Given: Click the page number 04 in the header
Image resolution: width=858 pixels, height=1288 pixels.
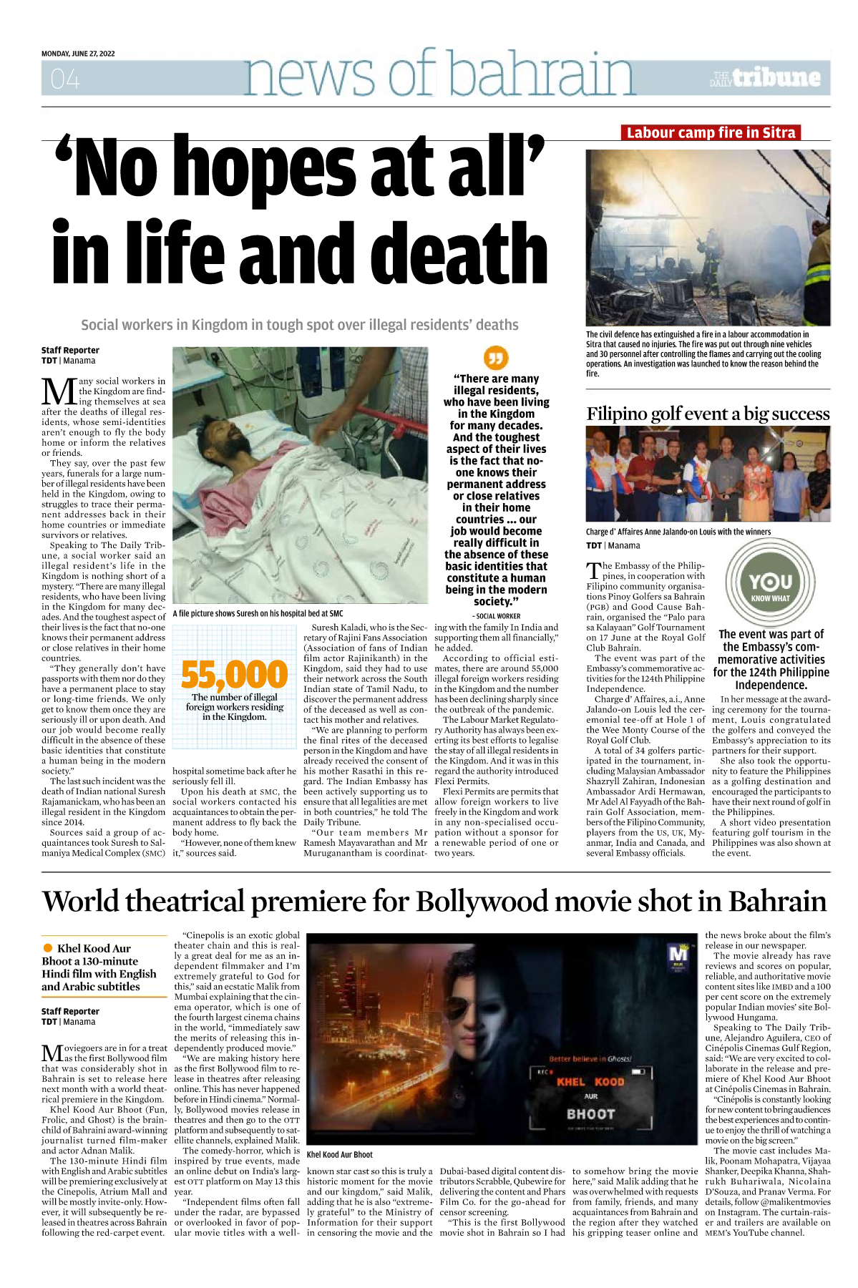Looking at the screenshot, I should [65, 79].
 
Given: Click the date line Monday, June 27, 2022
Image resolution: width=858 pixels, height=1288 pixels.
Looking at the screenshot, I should [78, 54].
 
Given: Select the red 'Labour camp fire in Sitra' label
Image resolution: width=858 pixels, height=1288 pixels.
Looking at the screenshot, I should [711, 132].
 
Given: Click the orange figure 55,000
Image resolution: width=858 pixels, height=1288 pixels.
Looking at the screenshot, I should [234, 674].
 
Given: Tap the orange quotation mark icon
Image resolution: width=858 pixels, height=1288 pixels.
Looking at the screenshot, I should [495, 358].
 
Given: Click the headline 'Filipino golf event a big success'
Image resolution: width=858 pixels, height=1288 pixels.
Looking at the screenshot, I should [708, 414].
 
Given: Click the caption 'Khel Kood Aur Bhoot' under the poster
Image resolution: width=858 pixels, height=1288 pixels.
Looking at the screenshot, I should [340, 1154].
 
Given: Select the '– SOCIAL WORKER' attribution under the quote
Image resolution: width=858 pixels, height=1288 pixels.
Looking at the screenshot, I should [496, 616].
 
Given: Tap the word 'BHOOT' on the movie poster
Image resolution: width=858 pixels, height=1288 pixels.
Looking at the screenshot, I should [590, 1114].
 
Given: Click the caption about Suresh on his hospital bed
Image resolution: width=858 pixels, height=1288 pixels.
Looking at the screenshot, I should [258, 613].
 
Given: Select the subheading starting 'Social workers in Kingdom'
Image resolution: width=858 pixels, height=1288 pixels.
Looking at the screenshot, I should [299, 325].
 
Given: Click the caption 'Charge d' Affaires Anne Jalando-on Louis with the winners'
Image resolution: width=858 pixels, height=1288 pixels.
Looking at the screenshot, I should [678, 532].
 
